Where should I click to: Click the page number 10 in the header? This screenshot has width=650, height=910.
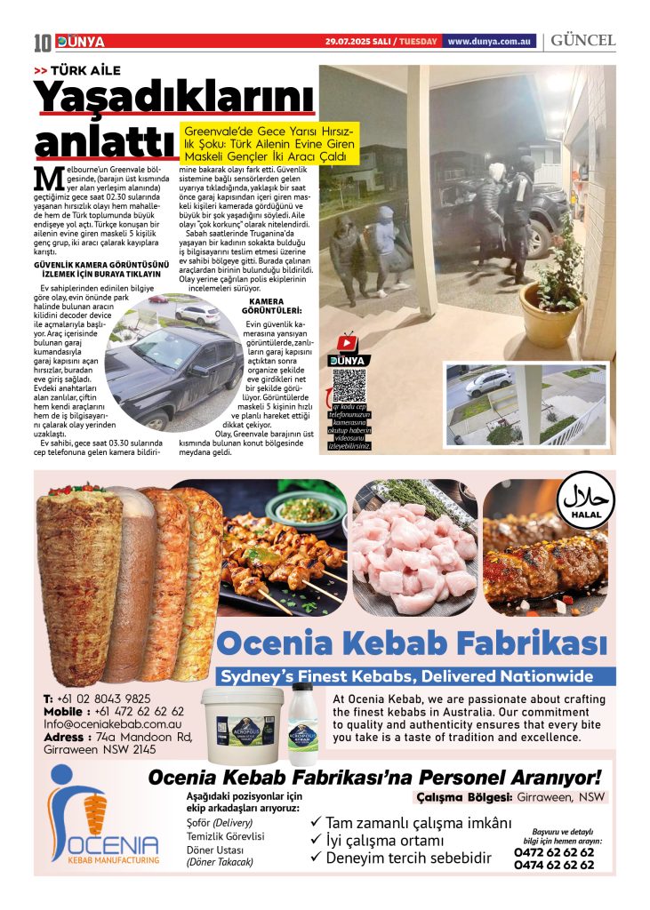[43, 42]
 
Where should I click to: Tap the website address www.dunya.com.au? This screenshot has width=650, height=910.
[490, 42]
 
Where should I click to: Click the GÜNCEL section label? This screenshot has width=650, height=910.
[582, 41]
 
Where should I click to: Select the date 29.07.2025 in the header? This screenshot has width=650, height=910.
[359, 42]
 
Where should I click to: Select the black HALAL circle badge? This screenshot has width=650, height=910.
[586, 504]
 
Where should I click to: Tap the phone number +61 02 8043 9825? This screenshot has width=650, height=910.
[97, 698]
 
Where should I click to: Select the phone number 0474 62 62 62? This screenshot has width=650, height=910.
[553, 865]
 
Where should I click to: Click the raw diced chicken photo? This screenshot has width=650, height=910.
[414, 548]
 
